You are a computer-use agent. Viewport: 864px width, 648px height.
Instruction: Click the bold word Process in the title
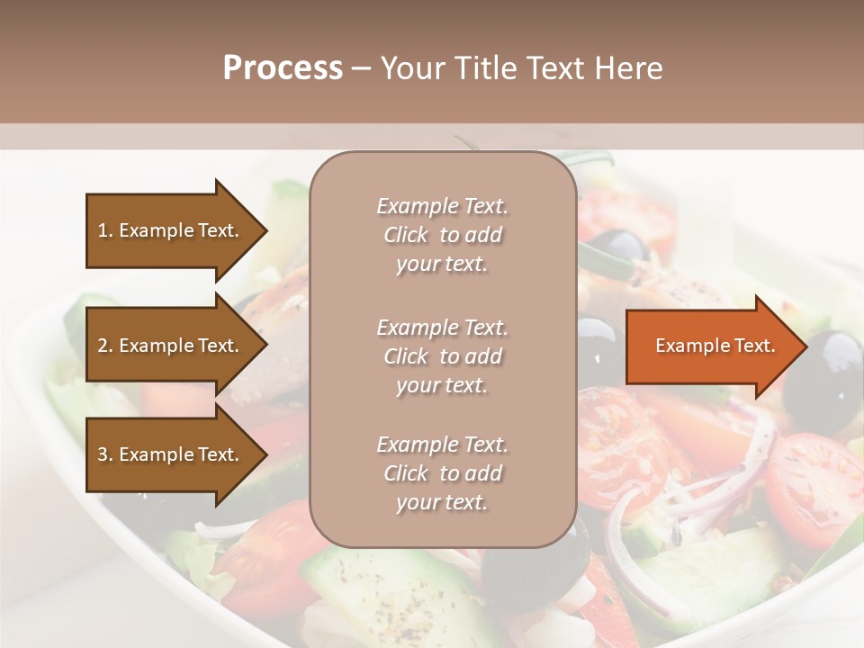[283, 68]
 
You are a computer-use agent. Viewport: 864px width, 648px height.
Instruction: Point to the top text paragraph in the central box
[442, 235]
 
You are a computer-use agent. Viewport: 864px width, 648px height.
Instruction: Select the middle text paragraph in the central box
[442, 356]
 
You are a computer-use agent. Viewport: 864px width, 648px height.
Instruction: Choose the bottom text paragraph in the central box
[442, 473]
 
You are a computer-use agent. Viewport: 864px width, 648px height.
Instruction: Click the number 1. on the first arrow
[105, 230]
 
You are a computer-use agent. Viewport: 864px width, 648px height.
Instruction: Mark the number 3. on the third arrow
[105, 454]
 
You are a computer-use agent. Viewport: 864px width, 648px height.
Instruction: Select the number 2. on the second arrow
[105, 346]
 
